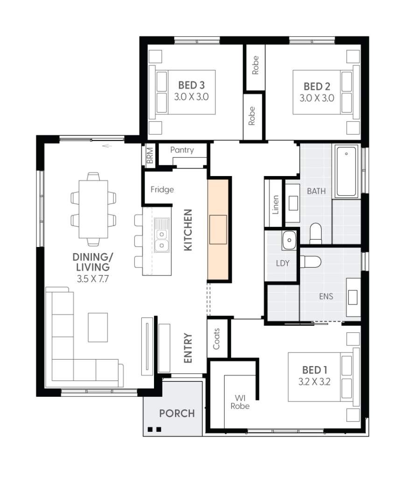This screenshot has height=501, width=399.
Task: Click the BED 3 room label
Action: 191,85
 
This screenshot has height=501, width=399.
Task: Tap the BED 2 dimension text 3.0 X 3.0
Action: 317,98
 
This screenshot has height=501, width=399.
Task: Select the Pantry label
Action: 182,150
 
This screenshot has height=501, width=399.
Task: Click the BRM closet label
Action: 150,155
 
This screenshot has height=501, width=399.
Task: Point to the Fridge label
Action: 162,190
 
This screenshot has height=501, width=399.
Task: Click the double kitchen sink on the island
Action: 161,235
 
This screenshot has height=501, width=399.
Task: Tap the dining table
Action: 93,209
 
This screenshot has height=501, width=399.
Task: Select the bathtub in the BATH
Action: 346,171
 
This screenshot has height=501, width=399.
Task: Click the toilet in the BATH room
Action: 315,233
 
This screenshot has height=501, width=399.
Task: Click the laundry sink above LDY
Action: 289,240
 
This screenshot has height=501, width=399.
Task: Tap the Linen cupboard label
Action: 275,205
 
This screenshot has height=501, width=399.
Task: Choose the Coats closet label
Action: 216,339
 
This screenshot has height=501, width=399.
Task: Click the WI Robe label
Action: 240,402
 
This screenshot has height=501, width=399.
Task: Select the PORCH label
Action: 177,413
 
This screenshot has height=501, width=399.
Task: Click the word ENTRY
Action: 188,348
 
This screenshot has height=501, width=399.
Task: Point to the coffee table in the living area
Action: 98,327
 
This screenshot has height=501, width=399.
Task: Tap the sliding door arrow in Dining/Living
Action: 107,146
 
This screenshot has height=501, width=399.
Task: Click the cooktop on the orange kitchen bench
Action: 218,230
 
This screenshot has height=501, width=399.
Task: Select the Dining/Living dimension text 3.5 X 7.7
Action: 93,279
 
